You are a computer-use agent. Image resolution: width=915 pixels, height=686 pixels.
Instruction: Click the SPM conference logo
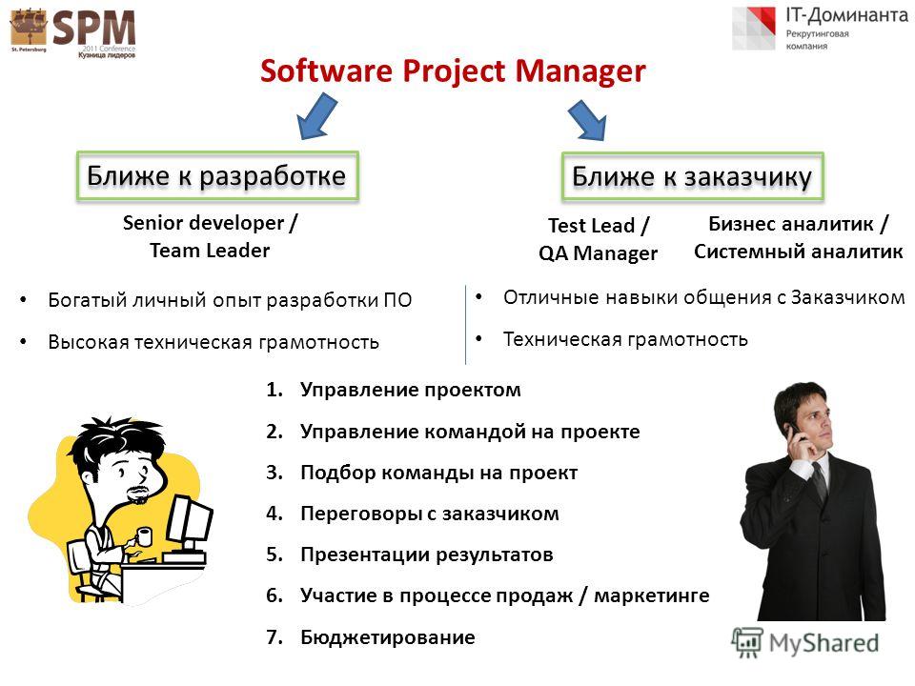pyautogui.click(x=73, y=32)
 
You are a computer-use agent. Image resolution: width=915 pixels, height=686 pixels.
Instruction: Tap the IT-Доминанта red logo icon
pyautogui.click(x=755, y=28)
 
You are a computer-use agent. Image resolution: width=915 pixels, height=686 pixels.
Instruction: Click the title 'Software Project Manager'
pyautogui.click(x=453, y=71)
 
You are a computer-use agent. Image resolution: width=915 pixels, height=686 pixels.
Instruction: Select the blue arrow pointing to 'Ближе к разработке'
pyautogui.click(x=316, y=117)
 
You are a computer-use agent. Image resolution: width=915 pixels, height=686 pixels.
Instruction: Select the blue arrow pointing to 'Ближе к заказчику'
pyautogui.click(x=587, y=120)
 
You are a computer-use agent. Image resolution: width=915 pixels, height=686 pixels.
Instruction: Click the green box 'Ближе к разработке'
pyautogui.click(x=217, y=176)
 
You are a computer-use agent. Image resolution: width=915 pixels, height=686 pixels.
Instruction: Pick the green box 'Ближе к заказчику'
pyautogui.click(x=692, y=177)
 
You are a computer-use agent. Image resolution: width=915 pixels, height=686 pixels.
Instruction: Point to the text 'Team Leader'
pyautogui.click(x=210, y=251)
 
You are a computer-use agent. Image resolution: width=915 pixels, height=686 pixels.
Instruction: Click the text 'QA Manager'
pyautogui.click(x=599, y=253)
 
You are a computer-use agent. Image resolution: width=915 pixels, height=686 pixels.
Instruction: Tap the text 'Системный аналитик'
pyautogui.click(x=799, y=251)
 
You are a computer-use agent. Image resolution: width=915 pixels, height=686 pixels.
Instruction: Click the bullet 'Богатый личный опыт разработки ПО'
pyautogui.click(x=230, y=300)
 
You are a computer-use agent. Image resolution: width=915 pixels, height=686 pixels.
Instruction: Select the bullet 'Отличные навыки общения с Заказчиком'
pyautogui.click(x=703, y=297)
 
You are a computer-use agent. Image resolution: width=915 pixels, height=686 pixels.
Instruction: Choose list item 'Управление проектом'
pyautogui.click(x=410, y=390)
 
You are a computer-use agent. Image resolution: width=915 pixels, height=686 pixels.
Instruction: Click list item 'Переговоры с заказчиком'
pyautogui.click(x=430, y=514)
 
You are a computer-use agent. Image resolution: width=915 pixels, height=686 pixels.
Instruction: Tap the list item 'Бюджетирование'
pyautogui.click(x=388, y=637)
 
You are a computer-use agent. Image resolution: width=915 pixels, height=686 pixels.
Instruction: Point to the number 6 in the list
pyautogui.click(x=272, y=595)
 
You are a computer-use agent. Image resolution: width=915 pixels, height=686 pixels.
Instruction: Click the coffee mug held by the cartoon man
pyautogui.click(x=144, y=536)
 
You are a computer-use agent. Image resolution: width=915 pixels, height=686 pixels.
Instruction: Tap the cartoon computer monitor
pyautogui.click(x=189, y=521)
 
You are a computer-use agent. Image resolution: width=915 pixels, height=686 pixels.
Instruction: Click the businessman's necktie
pyautogui.click(x=821, y=482)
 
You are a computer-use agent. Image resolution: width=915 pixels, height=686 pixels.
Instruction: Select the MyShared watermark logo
pyautogui.click(x=806, y=643)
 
